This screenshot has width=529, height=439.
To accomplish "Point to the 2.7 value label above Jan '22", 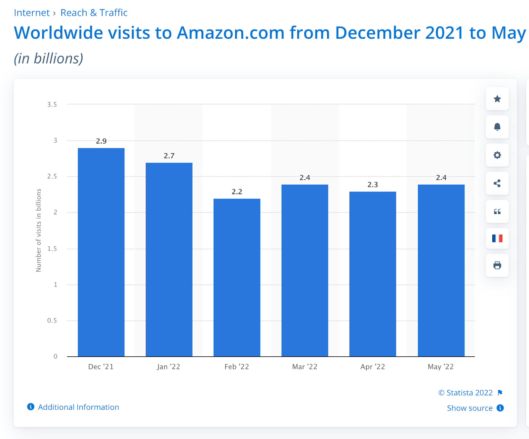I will pyautogui.click(x=169, y=156).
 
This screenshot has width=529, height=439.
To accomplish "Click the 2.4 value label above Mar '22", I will pyautogui.click(x=305, y=178).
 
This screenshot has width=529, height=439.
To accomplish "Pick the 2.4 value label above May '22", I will pyautogui.click(x=441, y=178).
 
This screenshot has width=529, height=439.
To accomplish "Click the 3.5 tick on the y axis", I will pyautogui.click(x=52, y=105).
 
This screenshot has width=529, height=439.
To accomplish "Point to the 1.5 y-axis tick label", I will pyautogui.click(x=52, y=249).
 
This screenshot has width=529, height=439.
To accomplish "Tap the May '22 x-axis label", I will pyautogui.click(x=441, y=367).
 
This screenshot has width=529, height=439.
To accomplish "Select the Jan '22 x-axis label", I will pyautogui.click(x=169, y=367).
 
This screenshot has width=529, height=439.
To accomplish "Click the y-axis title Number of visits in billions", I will pyautogui.click(x=39, y=230).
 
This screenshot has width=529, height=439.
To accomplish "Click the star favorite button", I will pyautogui.click(x=497, y=99).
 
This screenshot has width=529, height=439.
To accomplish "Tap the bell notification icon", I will pyautogui.click(x=497, y=127).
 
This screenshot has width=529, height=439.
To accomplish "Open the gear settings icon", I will pyautogui.click(x=497, y=155).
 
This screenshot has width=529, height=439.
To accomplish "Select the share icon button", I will pyautogui.click(x=497, y=183).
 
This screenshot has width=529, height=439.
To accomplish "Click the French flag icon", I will pyautogui.click(x=497, y=238).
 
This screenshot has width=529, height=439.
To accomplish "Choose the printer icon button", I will pyautogui.click(x=497, y=265).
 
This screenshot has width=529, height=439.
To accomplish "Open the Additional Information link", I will pyautogui.click(x=78, y=407).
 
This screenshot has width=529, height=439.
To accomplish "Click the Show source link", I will pyautogui.click(x=470, y=408).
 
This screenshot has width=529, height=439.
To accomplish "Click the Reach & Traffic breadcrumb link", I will pyautogui.click(x=94, y=13).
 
